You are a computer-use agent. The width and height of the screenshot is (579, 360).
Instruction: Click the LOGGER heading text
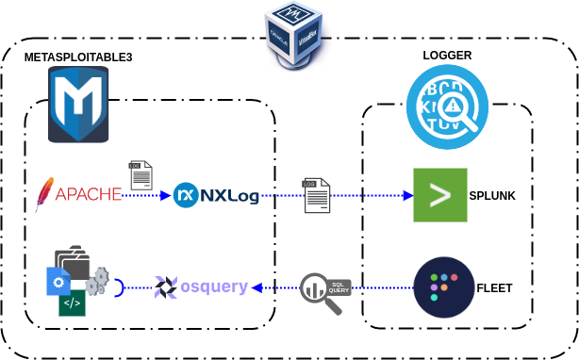tap(447, 56)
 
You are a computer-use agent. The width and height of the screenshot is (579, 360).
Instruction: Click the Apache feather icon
tap(42, 193)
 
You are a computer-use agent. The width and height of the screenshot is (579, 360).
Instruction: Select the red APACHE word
tap(88, 195)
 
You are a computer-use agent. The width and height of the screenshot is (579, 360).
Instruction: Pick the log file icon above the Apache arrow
tap(141, 176)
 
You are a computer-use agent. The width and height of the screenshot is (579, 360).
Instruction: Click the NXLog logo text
tap(216, 196)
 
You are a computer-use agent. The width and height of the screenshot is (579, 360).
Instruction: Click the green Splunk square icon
tap(440, 195)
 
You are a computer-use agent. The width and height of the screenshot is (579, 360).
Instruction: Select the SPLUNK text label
tap(493, 196)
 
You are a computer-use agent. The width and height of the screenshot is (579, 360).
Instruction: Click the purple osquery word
tap(214, 286)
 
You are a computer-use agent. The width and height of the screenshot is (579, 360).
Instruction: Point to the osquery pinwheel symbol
tap(166, 286)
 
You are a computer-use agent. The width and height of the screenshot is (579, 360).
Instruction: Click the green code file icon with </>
tap(72, 303)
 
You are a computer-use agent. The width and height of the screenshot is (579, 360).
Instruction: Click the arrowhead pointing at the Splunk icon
tap(407, 196)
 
